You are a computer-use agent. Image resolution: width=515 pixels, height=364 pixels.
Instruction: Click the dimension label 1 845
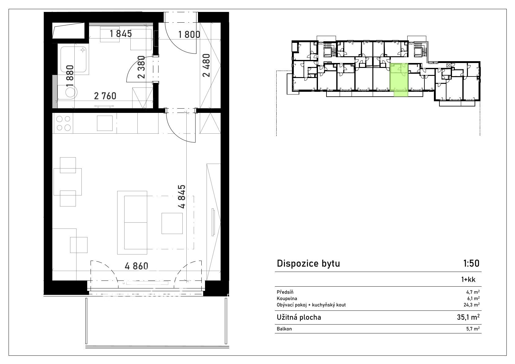[x=121, y=34]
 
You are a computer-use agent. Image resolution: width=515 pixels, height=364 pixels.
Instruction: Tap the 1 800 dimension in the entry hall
[x=189, y=35]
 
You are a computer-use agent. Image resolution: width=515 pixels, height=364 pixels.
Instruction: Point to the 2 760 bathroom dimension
[x=105, y=96]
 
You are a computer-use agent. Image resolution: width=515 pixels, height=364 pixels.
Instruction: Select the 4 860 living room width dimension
[x=136, y=266]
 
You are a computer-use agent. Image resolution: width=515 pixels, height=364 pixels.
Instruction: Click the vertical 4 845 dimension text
[x=182, y=196]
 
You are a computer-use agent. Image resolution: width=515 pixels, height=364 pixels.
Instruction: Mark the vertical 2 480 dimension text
[x=206, y=65]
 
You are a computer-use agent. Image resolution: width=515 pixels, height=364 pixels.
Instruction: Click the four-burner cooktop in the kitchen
[x=63, y=123]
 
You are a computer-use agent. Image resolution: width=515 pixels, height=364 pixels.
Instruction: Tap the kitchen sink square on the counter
[x=105, y=123]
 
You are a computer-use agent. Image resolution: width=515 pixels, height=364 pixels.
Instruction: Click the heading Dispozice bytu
[x=308, y=264]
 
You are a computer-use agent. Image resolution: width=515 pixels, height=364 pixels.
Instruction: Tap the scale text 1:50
[x=471, y=264]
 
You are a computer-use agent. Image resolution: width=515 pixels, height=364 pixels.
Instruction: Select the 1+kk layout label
[x=468, y=280]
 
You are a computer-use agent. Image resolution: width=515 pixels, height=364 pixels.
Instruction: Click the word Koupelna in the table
[x=287, y=299]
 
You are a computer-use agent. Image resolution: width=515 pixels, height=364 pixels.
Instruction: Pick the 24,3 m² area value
[x=473, y=305]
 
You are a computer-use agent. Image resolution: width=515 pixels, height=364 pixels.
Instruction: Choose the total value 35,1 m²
[x=468, y=317]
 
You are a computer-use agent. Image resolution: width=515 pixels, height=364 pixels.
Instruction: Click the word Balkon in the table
[x=284, y=329]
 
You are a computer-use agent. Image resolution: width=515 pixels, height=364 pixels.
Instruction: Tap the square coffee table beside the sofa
[x=172, y=223]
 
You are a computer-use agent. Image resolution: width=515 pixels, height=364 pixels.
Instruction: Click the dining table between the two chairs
[x=68, y=182]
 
